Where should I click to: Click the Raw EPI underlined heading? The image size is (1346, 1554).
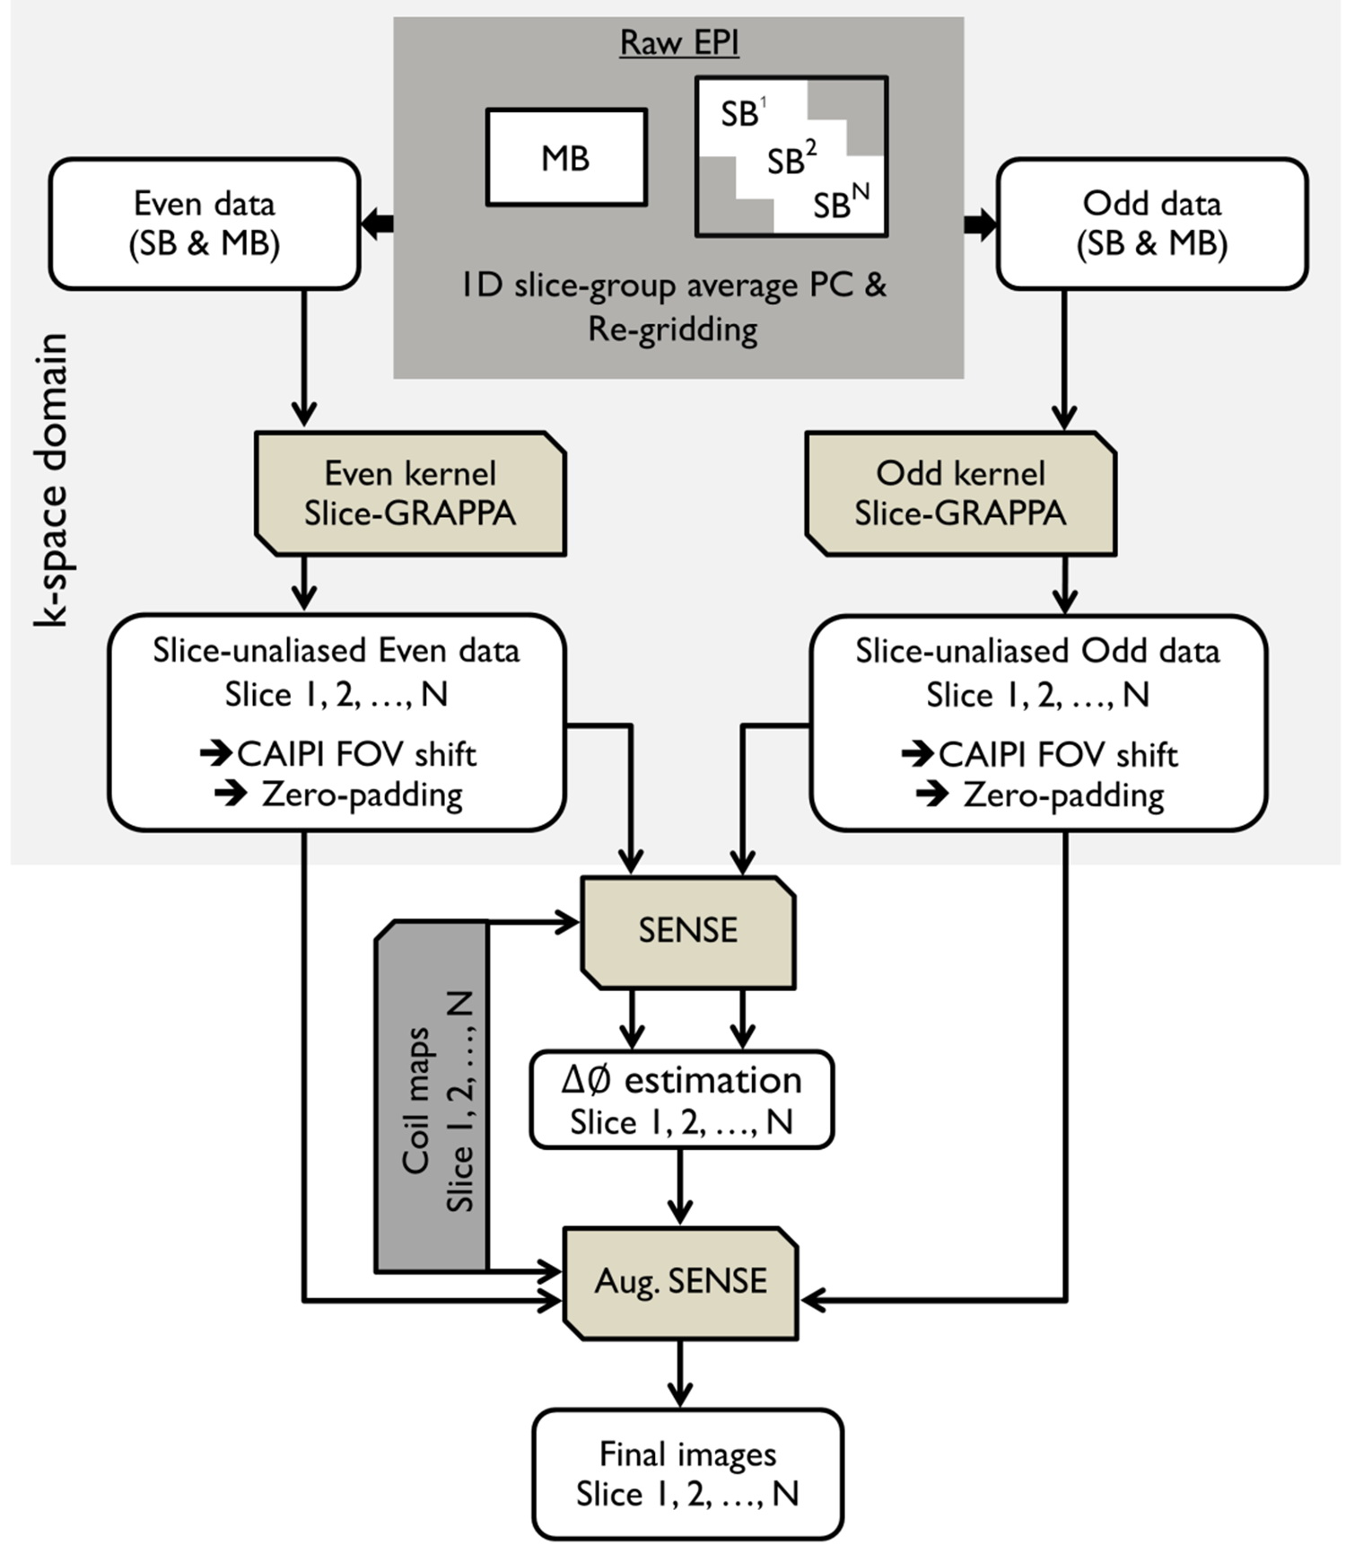coord(679,43)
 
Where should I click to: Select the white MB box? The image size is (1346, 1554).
coord(566,158)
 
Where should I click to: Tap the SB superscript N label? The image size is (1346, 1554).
coord(841,203)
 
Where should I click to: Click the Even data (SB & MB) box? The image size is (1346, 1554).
coord(205,224)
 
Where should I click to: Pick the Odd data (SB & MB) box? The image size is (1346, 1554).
coord(1152,224)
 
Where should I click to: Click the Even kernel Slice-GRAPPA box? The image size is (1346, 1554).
coord(410,494)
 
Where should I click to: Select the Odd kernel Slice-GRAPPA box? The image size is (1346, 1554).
coord(960,494)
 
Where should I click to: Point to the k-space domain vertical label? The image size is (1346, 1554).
coord(51,480)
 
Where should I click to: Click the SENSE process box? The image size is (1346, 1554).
coord(688,931)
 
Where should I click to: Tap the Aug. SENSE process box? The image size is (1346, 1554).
coord(680,1282)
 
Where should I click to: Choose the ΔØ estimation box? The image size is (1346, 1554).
coord(681,1100)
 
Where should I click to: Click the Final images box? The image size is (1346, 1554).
coord(687,1473)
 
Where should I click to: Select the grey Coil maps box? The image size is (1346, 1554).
coord(432,1097)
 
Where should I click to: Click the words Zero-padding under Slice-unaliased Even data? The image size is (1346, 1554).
coord(362,795)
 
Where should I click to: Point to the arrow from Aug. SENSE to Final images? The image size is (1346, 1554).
coord(680,1374)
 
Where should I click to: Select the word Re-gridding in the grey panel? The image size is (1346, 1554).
coord(672,329)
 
